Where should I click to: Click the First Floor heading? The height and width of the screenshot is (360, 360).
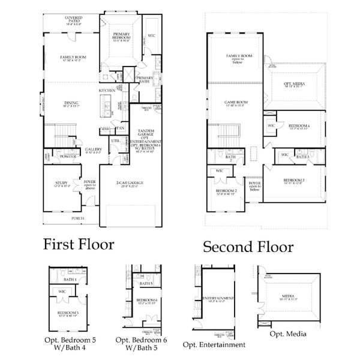click(x=79, y=245)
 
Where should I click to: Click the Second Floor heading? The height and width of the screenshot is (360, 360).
click(x=248, y=247)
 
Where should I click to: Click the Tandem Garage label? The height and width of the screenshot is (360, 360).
click(x=146, y=133)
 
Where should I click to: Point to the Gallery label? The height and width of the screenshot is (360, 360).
click(x=93, y=150)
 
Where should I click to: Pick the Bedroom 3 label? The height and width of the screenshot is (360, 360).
click(x=295, y=180)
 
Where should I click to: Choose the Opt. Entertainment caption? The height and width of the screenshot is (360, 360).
click(x=214, y=344)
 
